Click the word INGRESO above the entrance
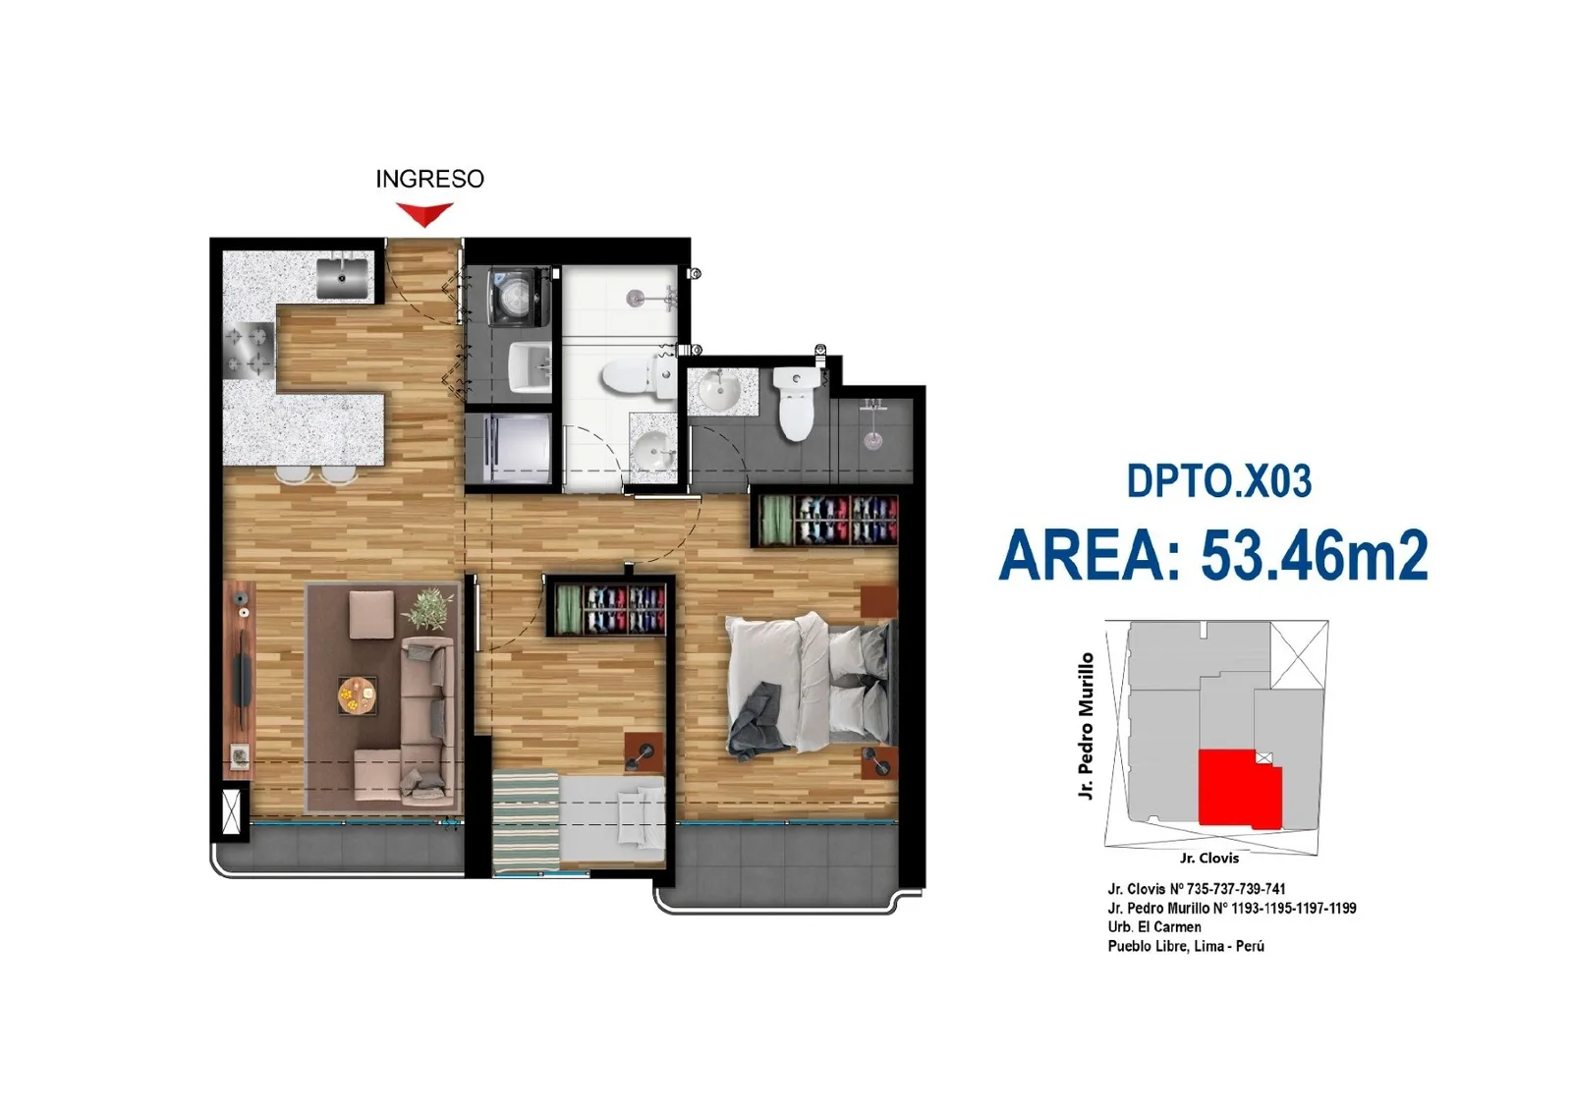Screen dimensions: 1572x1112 pos(429,179)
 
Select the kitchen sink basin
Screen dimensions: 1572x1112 pos(342,278)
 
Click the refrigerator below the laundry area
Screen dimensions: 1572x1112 pos(509,448)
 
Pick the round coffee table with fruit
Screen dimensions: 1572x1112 pos(358,695)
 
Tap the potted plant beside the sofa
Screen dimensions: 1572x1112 pos(428,608)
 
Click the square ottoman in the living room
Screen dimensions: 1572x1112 pos(371,615)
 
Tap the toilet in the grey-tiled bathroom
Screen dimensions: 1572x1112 pos(795,403)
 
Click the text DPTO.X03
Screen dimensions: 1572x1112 pos(1219,481)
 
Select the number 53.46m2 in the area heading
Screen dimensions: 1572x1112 pos(1315,556)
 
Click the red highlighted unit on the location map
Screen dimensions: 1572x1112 pos(1239,789)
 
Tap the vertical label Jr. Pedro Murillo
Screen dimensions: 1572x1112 pos(1086,726)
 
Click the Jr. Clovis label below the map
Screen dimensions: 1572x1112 pos(1209,858)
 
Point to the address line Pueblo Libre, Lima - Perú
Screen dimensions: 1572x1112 pos(1186,946)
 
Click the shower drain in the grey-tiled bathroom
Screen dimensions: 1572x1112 pos(872,441)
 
